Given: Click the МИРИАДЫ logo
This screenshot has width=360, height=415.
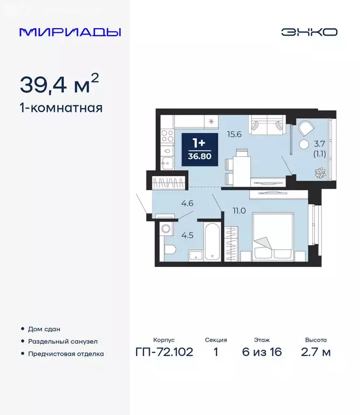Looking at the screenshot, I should tap(70, 32).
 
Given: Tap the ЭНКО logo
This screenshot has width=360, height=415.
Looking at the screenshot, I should tap(309, 32).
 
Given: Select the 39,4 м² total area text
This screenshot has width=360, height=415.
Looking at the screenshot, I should tap(59, 84).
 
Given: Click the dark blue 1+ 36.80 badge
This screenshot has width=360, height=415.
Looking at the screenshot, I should tap(199, 149).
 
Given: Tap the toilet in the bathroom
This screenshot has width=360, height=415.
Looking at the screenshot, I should tap(169, 250).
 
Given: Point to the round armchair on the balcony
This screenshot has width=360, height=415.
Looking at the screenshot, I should tap(306, 129).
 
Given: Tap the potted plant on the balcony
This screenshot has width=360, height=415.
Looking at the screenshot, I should tap(320, 173).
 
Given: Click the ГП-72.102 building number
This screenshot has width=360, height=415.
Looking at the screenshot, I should tap(164, 352).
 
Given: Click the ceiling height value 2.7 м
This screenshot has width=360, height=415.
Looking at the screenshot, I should tap(316, 352).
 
